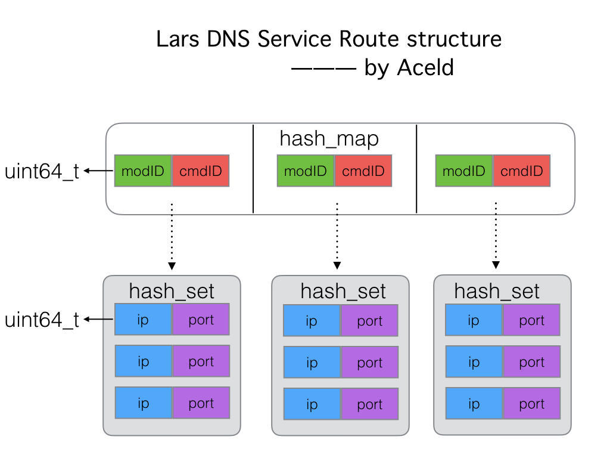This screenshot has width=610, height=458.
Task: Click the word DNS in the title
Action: tap(228, 39)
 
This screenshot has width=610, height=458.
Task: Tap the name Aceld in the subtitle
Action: tap(425, 67)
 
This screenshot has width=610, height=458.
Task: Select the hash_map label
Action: tap(329, 139)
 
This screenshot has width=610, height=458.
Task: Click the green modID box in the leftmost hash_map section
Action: tap(143, 171)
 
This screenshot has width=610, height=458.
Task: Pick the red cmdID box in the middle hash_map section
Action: tap(363, 171)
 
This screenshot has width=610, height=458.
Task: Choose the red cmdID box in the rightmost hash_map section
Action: tap(521, 171)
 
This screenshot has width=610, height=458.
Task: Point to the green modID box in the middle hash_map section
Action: tap(306, 171)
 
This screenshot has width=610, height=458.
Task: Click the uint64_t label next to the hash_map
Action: tap(42, 171)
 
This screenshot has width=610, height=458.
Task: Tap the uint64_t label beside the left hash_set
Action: tap(42, 320)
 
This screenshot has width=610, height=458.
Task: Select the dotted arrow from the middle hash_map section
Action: tap(337, 236)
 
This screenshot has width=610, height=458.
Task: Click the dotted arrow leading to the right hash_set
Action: tap(496, 235)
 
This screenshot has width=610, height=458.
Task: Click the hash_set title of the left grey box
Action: tap(172, 291)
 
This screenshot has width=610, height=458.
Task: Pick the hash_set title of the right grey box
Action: tap(497, 291)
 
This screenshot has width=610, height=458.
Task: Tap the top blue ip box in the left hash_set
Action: tap(143, 320)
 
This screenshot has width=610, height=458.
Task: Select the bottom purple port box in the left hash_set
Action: tap(201, 403)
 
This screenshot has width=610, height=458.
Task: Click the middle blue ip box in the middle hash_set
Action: tap(312, 362)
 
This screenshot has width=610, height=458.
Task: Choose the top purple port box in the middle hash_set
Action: tap(369, 320)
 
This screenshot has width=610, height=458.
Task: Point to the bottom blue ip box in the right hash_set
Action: tap(474, 404)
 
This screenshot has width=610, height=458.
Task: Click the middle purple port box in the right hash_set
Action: tap(531, 362)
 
